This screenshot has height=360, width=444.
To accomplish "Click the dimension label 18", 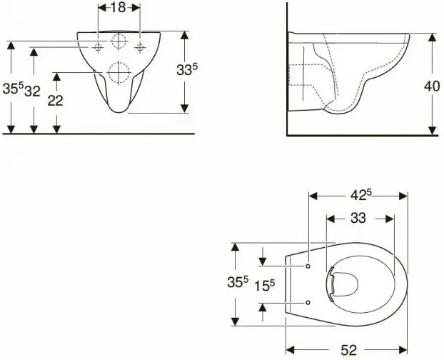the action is pos(118,8).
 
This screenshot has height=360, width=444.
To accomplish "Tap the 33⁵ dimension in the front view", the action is pos(186,70).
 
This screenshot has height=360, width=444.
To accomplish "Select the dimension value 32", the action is pos(32,91).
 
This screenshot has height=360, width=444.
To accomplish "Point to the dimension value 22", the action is pos(55,101).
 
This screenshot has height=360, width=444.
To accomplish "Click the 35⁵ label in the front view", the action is pos(13,89).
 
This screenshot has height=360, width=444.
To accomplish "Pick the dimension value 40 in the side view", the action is pos(432,86).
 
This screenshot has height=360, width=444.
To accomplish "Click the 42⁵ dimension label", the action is pos(361,194).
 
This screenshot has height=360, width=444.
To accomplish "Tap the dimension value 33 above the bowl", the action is pos(358,218).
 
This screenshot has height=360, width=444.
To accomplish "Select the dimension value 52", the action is pos(348,351).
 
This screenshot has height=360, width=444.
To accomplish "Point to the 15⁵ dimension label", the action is pos(265,286).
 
